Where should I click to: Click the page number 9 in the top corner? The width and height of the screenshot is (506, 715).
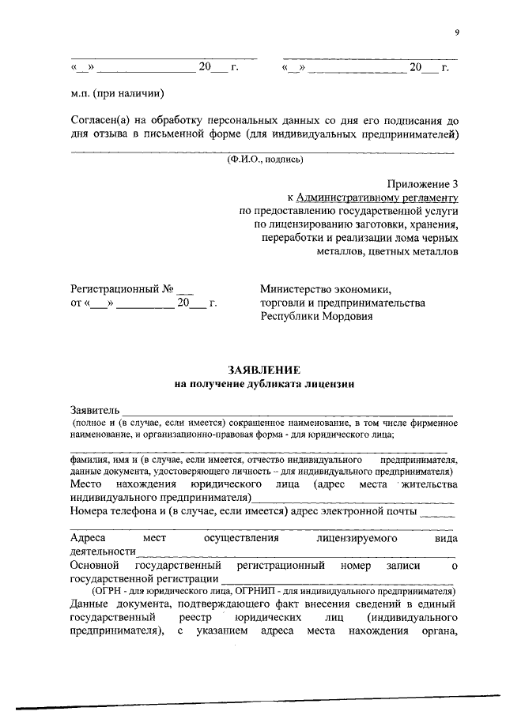coord(456,32)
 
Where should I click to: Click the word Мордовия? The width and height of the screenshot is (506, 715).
coord(342,316)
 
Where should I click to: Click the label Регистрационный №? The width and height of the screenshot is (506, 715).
coord(122,289)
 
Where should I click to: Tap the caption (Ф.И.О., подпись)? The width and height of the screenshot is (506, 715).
coord(263,160)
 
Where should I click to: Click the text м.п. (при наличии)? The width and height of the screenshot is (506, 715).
coord(116,93)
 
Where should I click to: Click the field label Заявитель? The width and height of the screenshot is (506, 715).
coord(94,411)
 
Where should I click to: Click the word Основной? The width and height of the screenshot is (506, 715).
coord(94,565)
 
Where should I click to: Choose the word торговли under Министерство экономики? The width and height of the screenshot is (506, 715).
coord(284,303)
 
